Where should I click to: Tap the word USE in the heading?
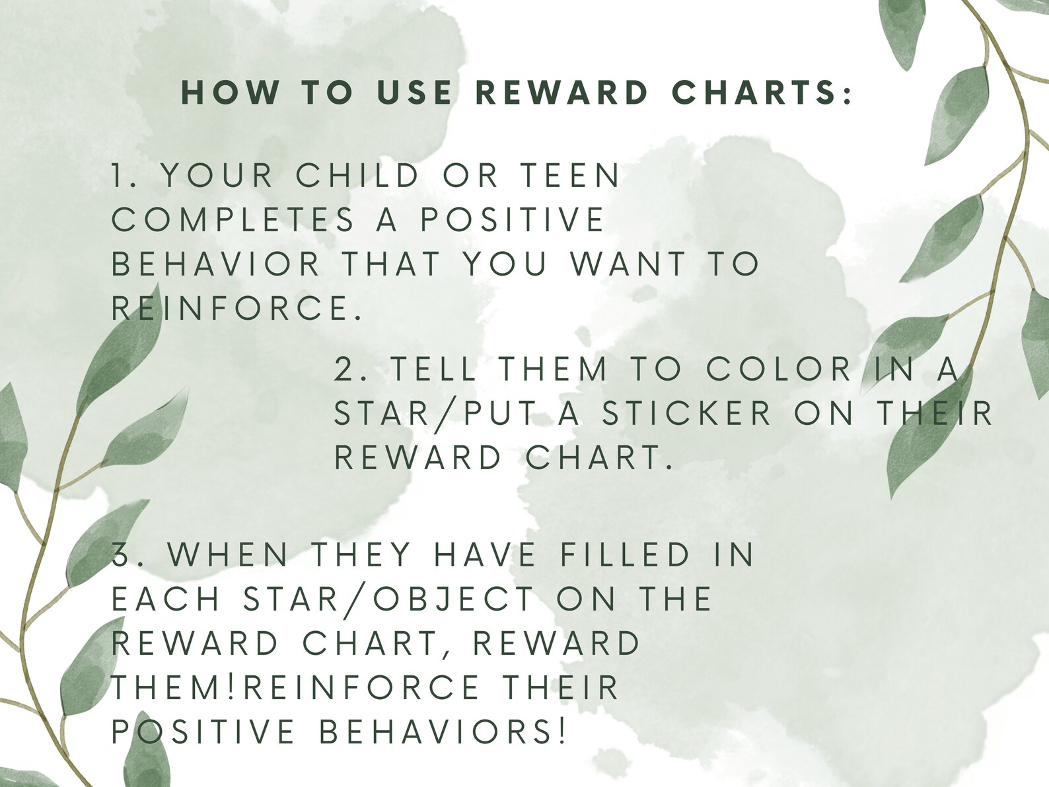(414, 93)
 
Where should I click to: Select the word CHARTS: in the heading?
(763, 93)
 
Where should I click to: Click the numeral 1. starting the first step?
(124, 176)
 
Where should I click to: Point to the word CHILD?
(357, 176)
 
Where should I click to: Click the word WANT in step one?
(629, 264)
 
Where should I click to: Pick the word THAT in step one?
(390, 264)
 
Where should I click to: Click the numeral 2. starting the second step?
(347, 369)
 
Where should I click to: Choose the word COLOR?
(779, 369)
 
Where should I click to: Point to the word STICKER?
(687, 413)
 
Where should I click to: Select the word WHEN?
(228, 554)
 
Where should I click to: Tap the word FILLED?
(626, 554)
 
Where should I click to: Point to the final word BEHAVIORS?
(443, 731)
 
